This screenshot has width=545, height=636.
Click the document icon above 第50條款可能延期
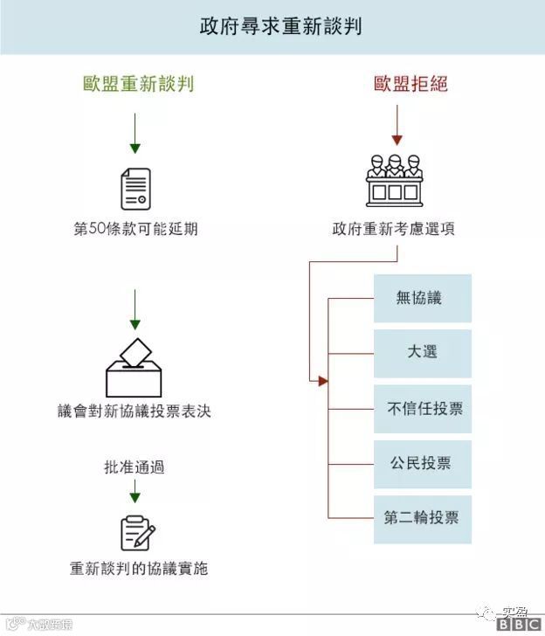135,189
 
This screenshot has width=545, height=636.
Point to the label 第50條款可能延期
135,230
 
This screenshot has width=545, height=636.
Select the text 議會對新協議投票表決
135,411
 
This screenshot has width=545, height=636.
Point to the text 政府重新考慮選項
393,230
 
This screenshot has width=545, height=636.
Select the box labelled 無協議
423,298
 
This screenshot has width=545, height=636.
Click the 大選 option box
423,353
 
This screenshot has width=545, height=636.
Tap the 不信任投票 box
423,408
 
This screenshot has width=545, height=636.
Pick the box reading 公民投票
423,463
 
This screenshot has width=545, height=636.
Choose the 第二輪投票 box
423,518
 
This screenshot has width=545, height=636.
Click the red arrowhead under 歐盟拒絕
397,139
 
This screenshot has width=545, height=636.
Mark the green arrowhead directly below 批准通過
135,496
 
